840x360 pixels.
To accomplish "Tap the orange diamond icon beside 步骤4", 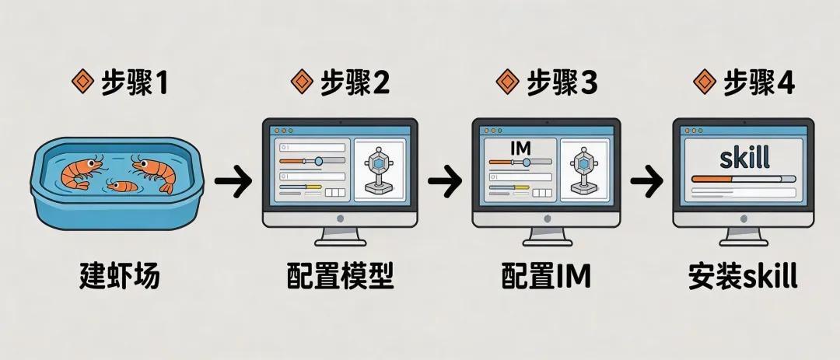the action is click(x=705, y=83).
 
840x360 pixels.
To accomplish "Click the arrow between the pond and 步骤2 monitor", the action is click(x=233, y=183).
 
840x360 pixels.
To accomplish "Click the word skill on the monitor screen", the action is click(x=744, y=158).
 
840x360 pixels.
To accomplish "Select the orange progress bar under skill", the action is click(x=712, y=178).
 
